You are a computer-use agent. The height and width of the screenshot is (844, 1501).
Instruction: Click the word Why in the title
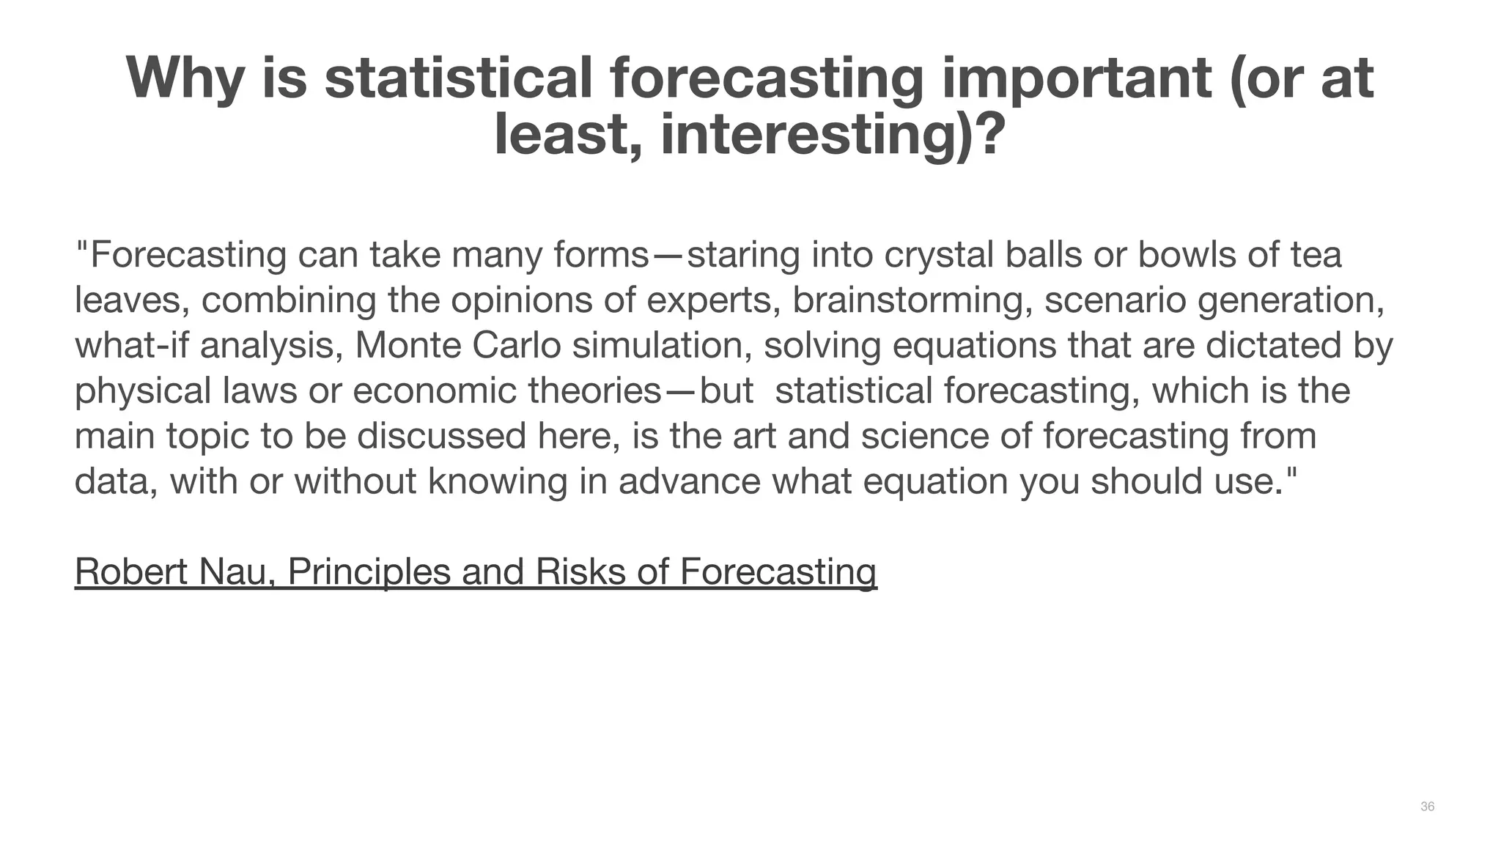[185, 78]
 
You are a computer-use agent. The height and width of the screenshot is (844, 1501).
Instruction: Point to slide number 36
[1427, 807]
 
